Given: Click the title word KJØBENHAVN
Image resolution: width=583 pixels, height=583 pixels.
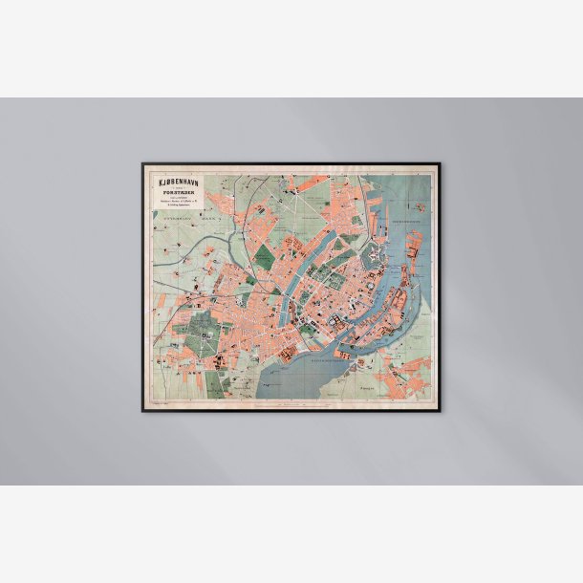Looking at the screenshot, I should [174, 179].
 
